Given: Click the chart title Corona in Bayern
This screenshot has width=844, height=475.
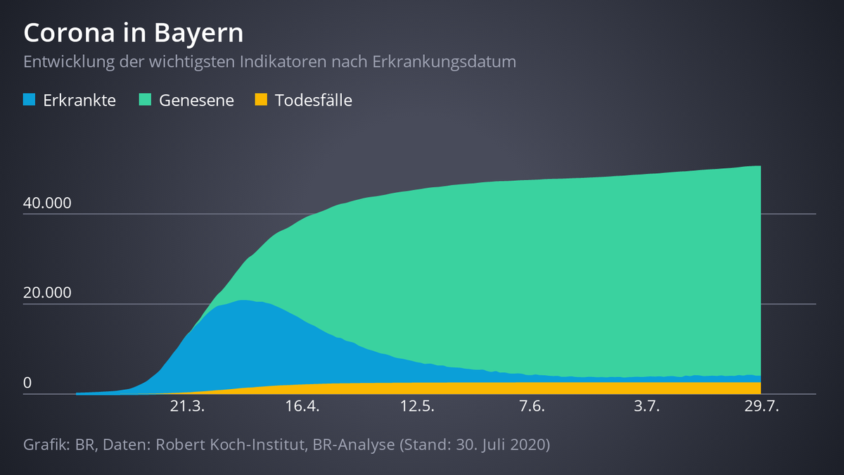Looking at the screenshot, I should click(134, 33).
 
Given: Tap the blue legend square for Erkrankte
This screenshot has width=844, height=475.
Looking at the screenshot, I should click(29, 100).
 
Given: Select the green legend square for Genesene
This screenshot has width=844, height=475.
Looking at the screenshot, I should click(146, 100).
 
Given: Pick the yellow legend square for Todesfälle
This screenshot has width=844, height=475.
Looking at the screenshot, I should click(261, 100).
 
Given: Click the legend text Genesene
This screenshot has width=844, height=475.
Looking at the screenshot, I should click(196, 100).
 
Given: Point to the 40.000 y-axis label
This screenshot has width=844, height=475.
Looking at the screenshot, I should click(48, 203).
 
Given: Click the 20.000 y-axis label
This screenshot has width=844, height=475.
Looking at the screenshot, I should click(48, 293).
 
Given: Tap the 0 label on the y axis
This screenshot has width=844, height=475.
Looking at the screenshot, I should click(27, 384).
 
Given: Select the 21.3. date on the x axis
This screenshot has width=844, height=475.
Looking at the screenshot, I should click(188, 407).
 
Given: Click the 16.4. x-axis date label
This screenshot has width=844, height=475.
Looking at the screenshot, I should click(302, 407).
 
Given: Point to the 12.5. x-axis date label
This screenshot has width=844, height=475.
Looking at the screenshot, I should click(417, 407).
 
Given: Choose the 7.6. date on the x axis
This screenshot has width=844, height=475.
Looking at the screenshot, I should click(532, 407).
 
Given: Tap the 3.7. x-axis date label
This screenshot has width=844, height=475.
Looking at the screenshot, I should click(646, 407).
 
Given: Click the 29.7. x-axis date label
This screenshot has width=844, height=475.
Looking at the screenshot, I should click(761, 407).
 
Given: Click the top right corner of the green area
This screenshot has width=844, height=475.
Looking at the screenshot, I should click(760, 167).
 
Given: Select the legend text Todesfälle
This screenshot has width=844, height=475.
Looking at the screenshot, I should click(313, 100).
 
